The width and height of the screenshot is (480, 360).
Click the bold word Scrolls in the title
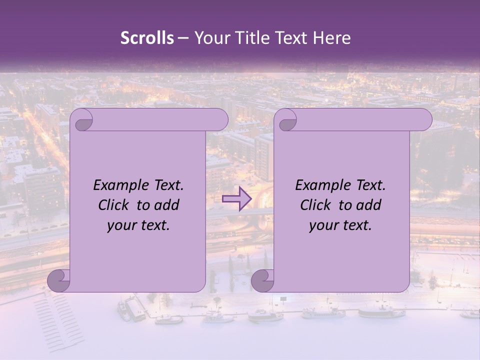tap(147, 38)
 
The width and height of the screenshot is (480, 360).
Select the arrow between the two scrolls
tap(237, 199)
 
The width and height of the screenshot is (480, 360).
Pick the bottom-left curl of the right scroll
tap(262, 280)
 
